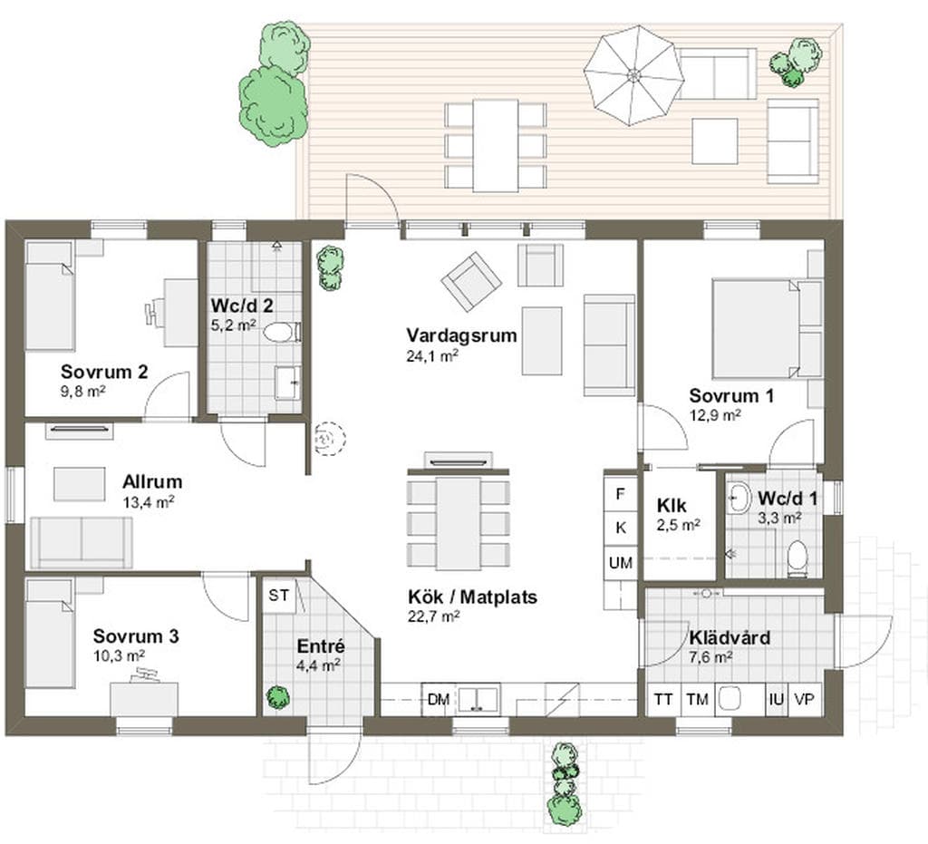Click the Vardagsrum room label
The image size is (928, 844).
click(x=461, y=335)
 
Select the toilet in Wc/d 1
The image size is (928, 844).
click(x=797, y=558)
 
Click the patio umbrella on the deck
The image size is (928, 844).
click(x=633, y=75)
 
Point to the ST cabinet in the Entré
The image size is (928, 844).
click(x=279, y=596)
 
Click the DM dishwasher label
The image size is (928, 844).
click(x=439, y=700)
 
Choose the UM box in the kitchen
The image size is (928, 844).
click(x=620, y=563)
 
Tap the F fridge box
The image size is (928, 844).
click(x=620, y=494)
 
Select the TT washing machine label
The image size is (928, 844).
click(x=662, y=700)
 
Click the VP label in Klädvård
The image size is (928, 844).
click(x=805, y=700)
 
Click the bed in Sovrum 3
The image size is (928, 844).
click(x=50, y=634)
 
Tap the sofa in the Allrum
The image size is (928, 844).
click(x=81, y=543)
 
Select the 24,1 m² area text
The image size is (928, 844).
click(x=433, y=356)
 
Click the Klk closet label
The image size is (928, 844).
click(x=672, y=506)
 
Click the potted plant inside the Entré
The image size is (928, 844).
click(x=277, y=696)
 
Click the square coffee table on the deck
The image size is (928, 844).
click(x=715, y=141)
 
